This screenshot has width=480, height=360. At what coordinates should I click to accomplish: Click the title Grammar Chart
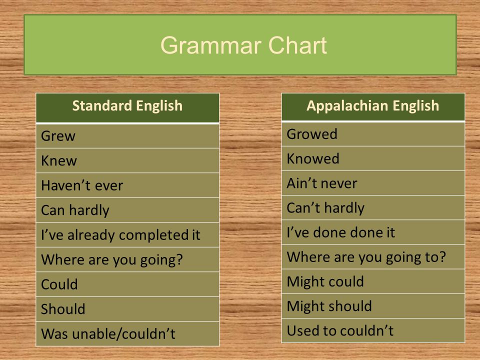243,45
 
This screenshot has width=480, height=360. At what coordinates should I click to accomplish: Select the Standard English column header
127,107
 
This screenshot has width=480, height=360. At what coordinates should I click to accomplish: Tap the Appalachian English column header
373,106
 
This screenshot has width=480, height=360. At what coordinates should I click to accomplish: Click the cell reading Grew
127,136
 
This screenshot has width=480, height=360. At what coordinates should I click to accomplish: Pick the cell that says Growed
373,134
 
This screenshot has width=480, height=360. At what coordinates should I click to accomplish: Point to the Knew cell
127,160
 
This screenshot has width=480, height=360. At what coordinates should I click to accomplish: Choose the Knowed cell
373,158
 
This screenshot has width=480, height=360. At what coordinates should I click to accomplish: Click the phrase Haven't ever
82,185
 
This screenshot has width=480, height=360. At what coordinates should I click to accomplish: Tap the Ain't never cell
373,183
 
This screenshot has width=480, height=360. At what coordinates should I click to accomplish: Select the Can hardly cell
127,210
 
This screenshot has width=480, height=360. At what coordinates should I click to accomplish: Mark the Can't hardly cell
373,207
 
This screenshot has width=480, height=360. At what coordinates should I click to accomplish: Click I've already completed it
120,235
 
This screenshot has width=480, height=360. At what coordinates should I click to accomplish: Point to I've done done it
340,232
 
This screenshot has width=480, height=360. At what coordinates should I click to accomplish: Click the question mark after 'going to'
442,256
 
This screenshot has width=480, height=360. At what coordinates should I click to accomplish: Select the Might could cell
373,281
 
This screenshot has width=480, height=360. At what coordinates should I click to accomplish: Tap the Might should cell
373,306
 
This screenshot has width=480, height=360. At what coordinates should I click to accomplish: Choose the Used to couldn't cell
373,330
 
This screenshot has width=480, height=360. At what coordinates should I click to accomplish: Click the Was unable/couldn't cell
127,333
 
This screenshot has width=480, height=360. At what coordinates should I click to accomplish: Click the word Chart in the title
297,45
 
